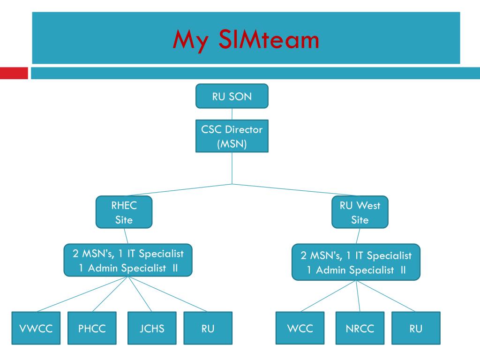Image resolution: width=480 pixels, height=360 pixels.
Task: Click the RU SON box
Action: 232,97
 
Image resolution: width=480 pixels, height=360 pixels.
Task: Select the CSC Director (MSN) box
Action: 232,136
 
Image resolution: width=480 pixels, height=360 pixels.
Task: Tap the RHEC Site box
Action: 124,212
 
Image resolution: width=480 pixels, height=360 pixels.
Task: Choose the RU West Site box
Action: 360,212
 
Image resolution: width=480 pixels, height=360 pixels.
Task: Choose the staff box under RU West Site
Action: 356,262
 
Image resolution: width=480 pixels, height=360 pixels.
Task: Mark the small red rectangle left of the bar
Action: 14,73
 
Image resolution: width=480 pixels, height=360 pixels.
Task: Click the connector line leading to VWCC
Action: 80,294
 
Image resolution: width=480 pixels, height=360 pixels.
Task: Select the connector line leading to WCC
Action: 328,296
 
